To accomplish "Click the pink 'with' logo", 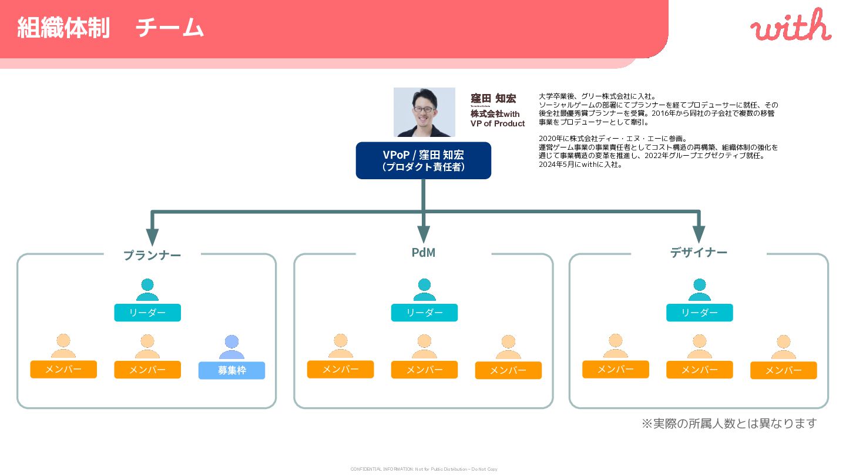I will tap(790, 26).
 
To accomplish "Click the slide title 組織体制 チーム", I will tap(110, 28).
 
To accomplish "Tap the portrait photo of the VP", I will tap(424, 112).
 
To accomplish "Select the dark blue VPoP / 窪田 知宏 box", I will tap(423, 160).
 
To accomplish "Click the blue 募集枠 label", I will tap(231, 370).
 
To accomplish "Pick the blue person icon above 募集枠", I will tap(231, 347).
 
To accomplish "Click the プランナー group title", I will tap(152, 255).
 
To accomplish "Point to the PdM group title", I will tap(424, 253).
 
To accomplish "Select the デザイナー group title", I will tap(699, 253).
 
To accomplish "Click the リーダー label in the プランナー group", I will tap(147, 313).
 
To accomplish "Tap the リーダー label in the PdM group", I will tap(424, 313).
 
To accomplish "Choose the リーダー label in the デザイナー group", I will tap(699, 313).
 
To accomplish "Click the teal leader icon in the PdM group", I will tap(424, 290).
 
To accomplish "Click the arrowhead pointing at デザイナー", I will tap(699, 234).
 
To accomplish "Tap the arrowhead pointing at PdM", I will tap(424, 234).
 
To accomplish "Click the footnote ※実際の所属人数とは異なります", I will tap(728, 424).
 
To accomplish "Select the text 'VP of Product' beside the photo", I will tap(498, 123).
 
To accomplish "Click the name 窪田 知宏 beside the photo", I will tap(493, 98).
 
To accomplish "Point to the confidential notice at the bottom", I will tap(424, 469).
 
